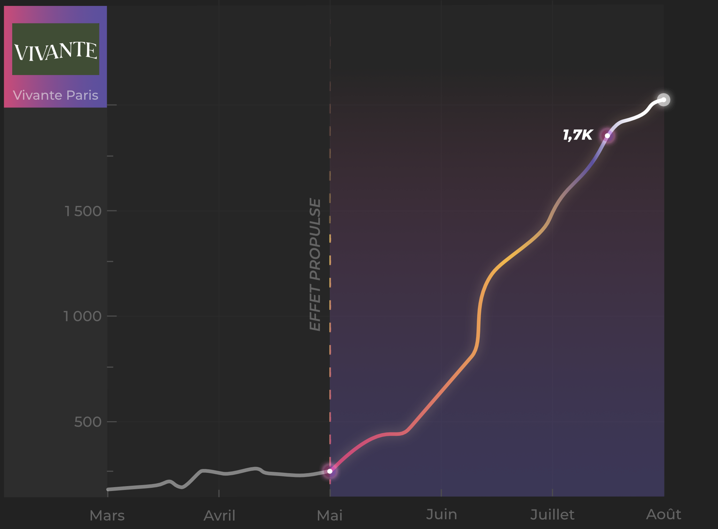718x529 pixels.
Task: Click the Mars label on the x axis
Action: coord(107,515)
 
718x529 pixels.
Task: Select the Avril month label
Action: coord(220,515)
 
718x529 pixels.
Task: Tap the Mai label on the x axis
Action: coord(330,515)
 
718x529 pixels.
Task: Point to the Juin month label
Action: coord(441,514)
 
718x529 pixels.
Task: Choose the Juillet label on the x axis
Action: coord(552,514)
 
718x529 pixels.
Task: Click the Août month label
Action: coord(664,514)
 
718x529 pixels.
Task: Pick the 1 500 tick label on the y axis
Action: coord(83,211)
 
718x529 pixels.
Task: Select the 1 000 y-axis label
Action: coord(82,316)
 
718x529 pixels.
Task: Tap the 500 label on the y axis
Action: coord(88,422)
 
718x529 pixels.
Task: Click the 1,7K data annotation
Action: coord(578,135)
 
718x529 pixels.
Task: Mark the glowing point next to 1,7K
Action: coord(608,136)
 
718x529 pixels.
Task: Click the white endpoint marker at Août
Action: coord(664,100)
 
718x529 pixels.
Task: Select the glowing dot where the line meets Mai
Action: coord(330,471)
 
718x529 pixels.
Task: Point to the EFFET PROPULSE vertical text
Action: coord(315,264)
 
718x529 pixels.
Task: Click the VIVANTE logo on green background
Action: coord(56,49)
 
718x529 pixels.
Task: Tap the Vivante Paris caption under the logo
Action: coord(55,95)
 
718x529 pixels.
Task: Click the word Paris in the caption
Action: coord(82,95)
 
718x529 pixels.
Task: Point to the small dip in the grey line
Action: coord(181,487)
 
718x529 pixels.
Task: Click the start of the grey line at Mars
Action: coord(108,489)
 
